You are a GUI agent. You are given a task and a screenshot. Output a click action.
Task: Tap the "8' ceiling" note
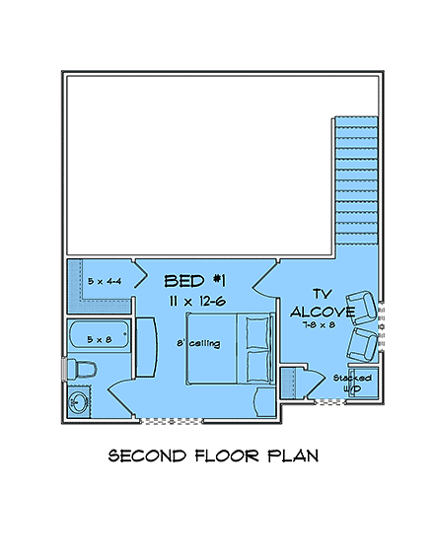(x=198, y=343)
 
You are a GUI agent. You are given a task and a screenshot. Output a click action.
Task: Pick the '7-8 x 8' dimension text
(x=320, y=324)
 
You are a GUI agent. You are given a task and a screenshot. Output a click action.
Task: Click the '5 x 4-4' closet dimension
(x=104, y=281)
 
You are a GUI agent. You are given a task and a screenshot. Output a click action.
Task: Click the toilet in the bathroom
(x=80, y=369)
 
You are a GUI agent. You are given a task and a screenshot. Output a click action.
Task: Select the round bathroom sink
(x=79, y=402)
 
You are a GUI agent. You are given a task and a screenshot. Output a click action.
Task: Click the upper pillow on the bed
(x=258, y=332)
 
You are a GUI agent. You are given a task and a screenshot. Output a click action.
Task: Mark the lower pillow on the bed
(x=258, y=367)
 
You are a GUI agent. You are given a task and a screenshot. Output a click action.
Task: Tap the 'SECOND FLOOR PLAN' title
(x=213, y=456)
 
